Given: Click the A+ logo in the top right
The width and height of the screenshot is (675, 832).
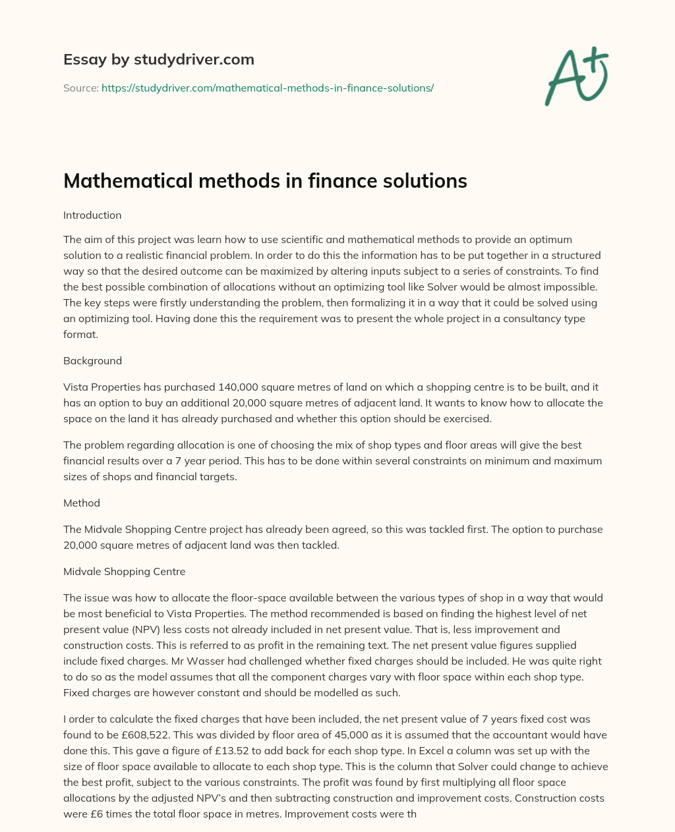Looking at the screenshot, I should click(x=577, y=76).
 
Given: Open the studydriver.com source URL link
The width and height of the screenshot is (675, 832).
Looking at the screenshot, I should click(x=267, y=88).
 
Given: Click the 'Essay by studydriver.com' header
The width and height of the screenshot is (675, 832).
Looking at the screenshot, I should click(x=158, y=59).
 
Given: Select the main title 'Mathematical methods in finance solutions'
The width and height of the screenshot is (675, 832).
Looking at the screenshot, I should click(x=265, y=180).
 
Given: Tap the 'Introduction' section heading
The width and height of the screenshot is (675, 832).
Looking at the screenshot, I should click(x=92, y=215).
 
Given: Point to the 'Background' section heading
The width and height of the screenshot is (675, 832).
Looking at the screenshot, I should click(x=92, y=361).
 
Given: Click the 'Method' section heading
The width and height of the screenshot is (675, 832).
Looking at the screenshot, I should click(x=82, y=503).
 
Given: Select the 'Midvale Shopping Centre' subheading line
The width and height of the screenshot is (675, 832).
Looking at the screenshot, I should click(x=124, y=572).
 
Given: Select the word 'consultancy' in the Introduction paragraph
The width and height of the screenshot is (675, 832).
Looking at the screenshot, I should click(x=506, y=318).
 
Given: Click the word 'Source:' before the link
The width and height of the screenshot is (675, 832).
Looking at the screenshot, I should click(x=80, y=88).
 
